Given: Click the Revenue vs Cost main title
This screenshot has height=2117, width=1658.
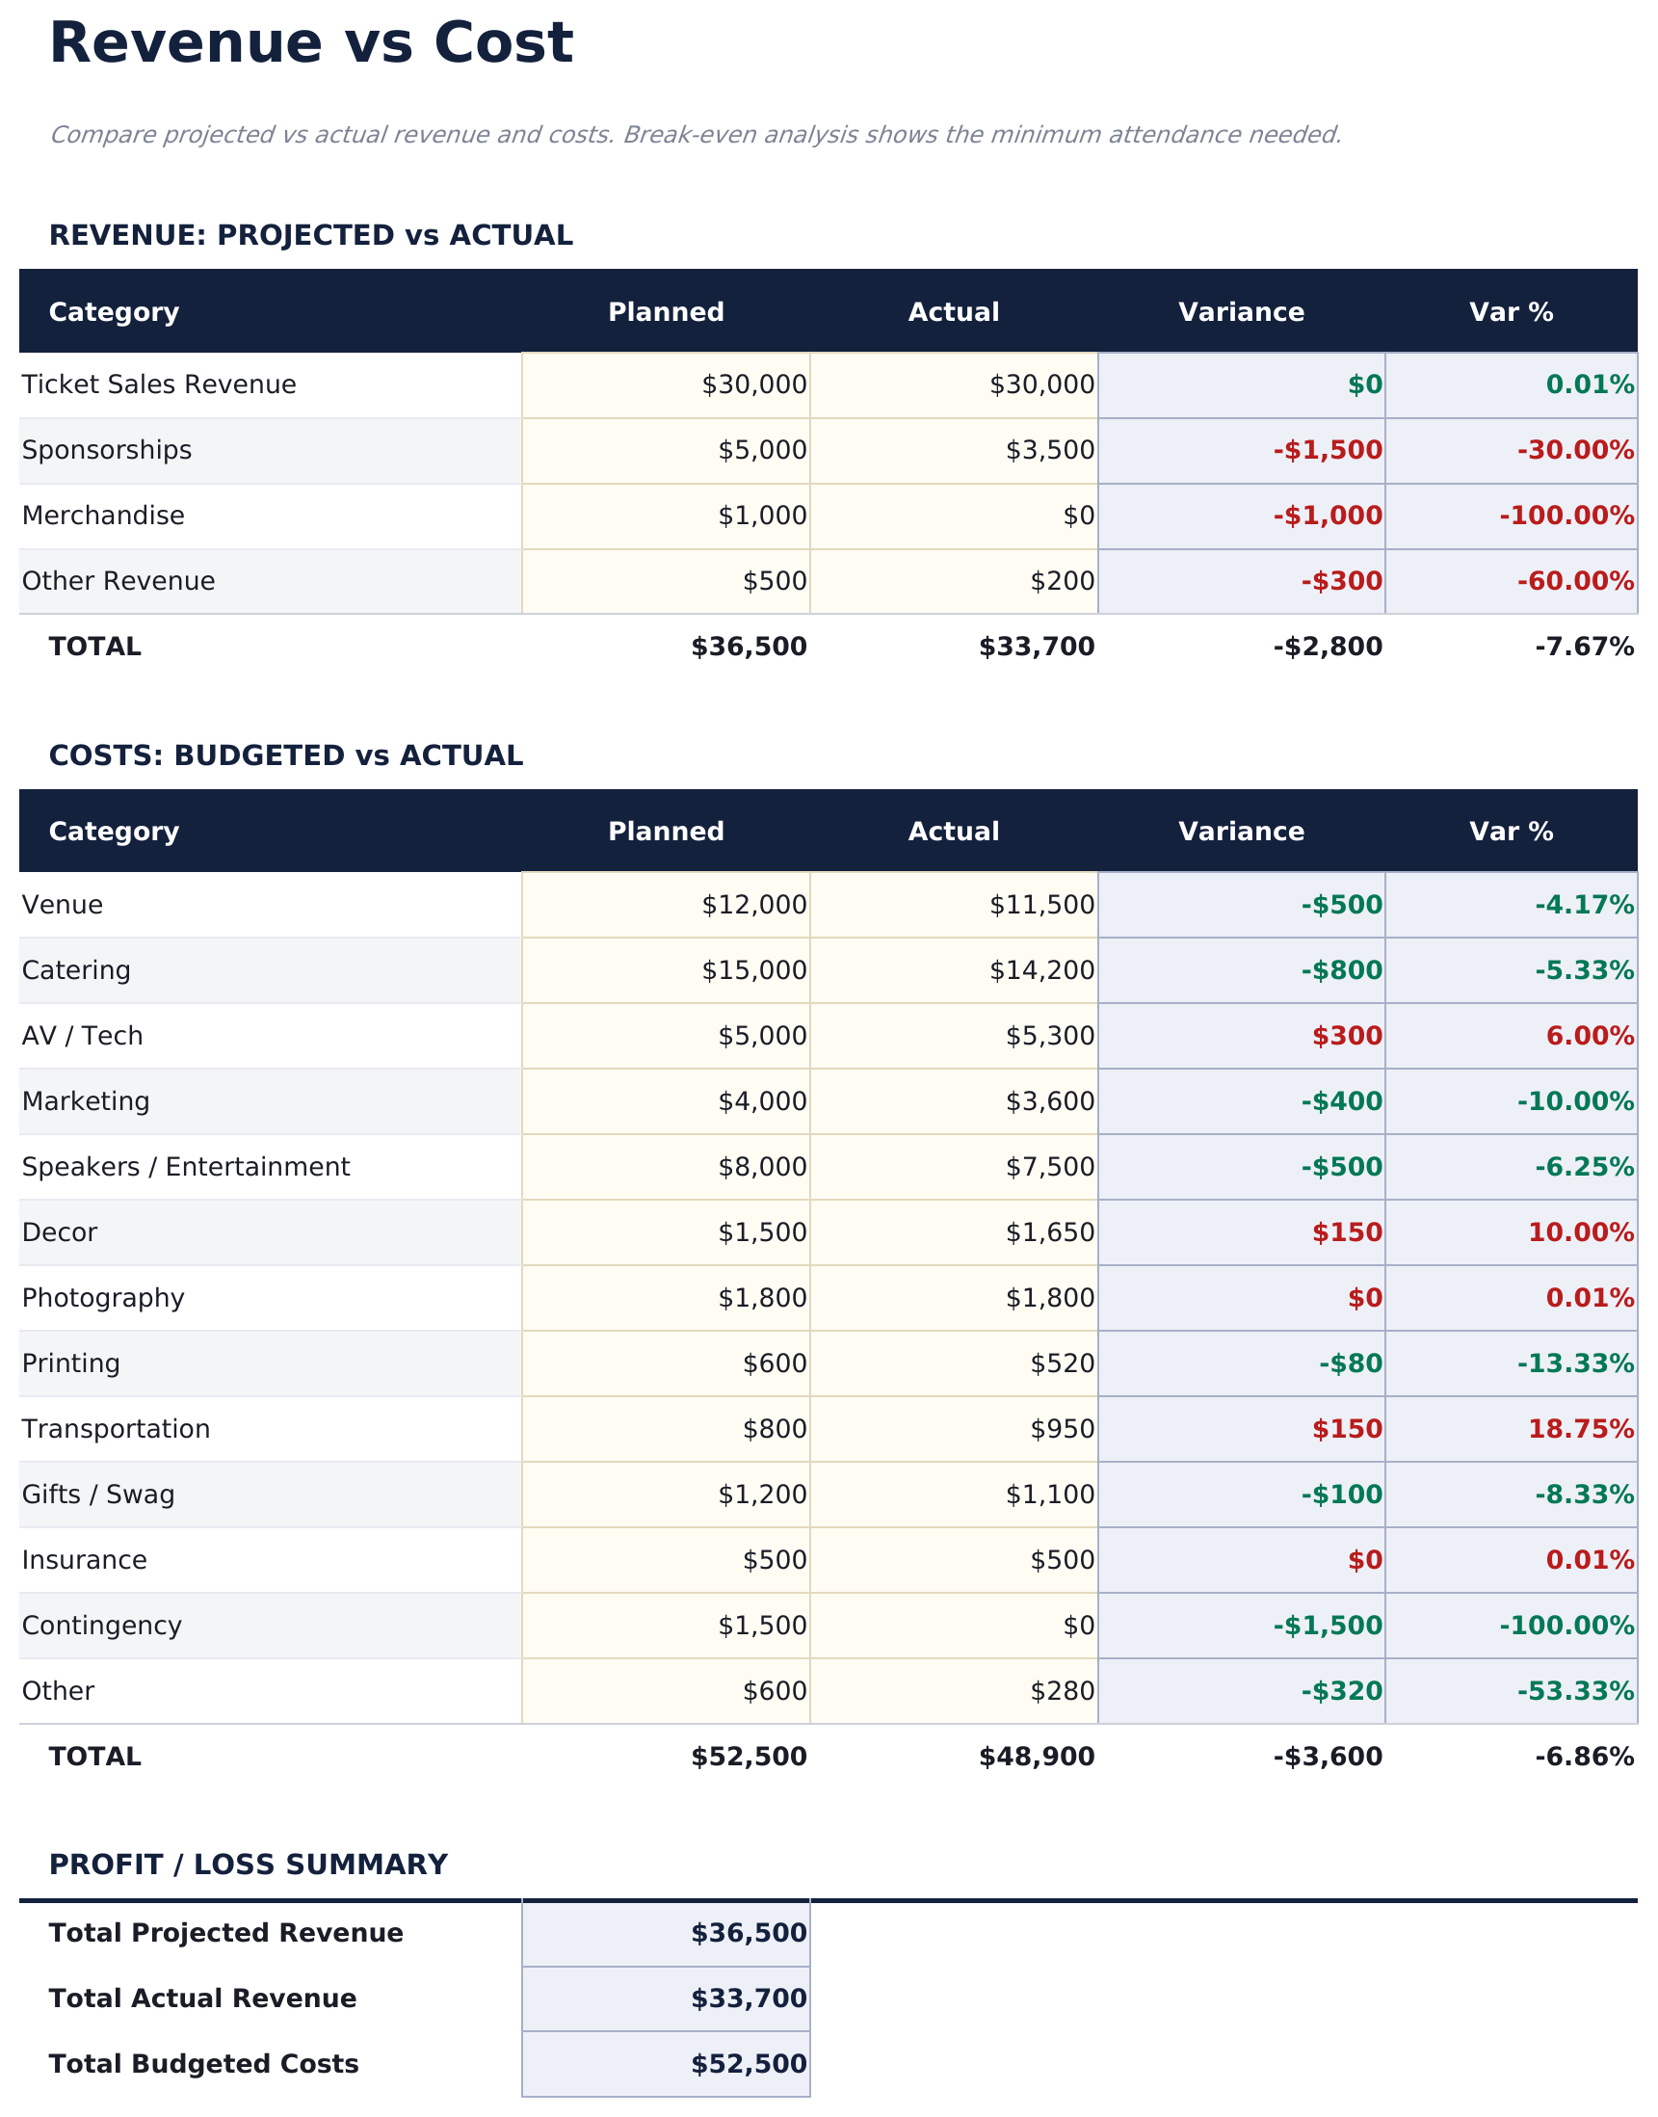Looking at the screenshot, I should (310, 43).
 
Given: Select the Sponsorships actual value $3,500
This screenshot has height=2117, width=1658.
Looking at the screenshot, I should (1049, 450).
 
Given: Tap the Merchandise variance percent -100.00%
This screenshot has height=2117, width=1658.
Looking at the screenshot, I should (1566, 516).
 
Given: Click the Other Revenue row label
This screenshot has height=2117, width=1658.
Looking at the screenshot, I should (118, 581).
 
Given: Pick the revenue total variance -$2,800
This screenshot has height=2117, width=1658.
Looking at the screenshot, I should (1327, 647).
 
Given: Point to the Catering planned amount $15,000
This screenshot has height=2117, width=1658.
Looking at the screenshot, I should (753, 970).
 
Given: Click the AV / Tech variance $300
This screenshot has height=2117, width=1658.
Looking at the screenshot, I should (1347, 1036).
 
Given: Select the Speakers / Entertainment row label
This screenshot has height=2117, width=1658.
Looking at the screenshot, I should (185, 1167).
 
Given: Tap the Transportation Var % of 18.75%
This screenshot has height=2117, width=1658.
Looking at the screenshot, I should (1580, 1429).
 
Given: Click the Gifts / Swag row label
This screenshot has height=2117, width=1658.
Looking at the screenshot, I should (98, 1495).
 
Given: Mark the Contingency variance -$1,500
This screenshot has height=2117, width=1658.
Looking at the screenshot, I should (1327, 1626).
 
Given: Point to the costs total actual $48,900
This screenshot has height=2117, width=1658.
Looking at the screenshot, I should (1036, 1757).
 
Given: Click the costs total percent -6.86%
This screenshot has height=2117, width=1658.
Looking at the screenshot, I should (1583, 1757).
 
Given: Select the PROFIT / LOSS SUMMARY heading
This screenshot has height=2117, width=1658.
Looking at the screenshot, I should (248, 1865).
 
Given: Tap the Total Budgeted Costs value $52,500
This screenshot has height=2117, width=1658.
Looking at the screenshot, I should (749, 2064).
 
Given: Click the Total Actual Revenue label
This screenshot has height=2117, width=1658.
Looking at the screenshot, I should (202, 1998).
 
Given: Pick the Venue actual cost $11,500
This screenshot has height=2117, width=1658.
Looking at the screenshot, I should (1041, 905).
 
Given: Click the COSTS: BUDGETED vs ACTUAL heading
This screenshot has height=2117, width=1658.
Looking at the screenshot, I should (285, 755).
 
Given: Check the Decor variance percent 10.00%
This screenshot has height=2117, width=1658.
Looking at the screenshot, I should (1580, 1232).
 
